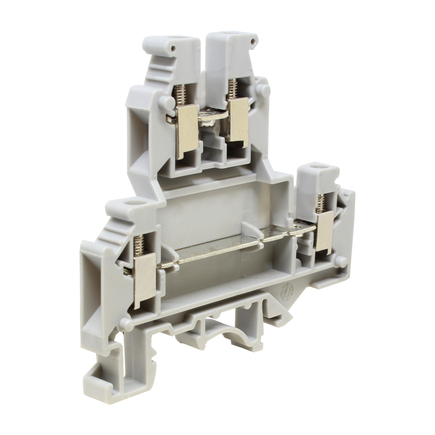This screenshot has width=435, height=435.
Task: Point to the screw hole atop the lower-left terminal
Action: (131, 203)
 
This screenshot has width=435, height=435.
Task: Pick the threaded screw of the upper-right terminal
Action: (233, 87)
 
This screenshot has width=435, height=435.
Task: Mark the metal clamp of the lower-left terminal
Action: (144, 281)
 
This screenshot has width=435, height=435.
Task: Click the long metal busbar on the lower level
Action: (217, 249)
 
